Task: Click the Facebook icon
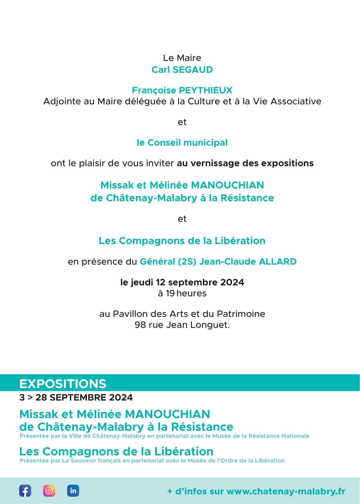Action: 25,491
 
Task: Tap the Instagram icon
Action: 49,491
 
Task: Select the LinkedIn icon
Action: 73,491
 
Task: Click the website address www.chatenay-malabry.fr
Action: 286,491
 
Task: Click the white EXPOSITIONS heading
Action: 63,384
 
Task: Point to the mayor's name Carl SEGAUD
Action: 182,70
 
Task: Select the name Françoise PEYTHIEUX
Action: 182,90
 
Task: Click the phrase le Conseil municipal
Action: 182,143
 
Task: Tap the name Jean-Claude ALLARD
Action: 248,261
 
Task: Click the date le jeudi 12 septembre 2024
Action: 182,282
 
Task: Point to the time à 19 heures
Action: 182,293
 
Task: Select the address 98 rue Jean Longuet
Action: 182,325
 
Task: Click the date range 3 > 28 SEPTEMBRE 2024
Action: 76,397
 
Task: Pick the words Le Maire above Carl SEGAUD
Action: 182,58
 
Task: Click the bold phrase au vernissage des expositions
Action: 245,163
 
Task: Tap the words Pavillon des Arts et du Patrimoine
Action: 189,314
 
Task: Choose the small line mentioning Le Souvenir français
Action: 152,460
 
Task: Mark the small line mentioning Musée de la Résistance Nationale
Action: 164,436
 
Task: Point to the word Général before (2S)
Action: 157,261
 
